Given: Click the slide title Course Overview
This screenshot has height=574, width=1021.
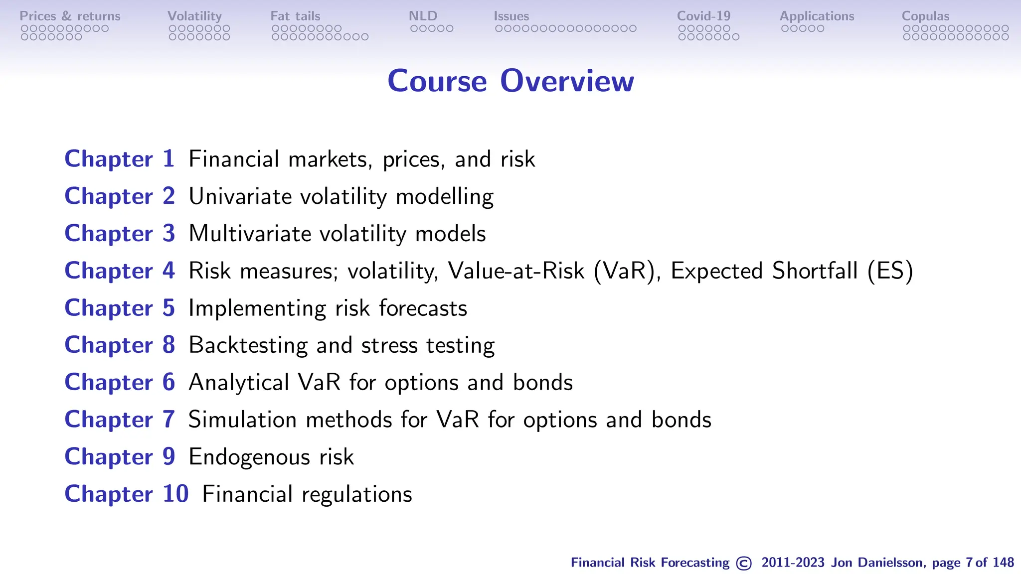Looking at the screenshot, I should (x=510, y=81).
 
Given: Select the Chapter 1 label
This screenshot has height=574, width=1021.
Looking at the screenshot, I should (x=120, y=159).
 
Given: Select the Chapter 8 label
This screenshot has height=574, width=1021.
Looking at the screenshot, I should (x=120, y=345).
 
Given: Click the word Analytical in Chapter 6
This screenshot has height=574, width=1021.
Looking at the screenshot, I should (x=239, y=383).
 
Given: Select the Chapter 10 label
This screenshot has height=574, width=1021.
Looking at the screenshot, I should (x=127, y=494).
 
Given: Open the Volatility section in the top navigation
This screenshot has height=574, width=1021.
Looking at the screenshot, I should (x=194, y=16).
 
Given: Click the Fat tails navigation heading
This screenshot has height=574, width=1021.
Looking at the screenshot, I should (x=295, y=16).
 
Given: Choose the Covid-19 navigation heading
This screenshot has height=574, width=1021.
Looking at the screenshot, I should (x=703, y=16).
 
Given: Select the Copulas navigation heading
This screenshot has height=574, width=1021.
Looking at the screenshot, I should (x=925, y=16).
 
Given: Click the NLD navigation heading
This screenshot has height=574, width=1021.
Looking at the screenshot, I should (x=423, y=16).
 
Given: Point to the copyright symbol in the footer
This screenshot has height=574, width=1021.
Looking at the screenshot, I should (x=744, y=563).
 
